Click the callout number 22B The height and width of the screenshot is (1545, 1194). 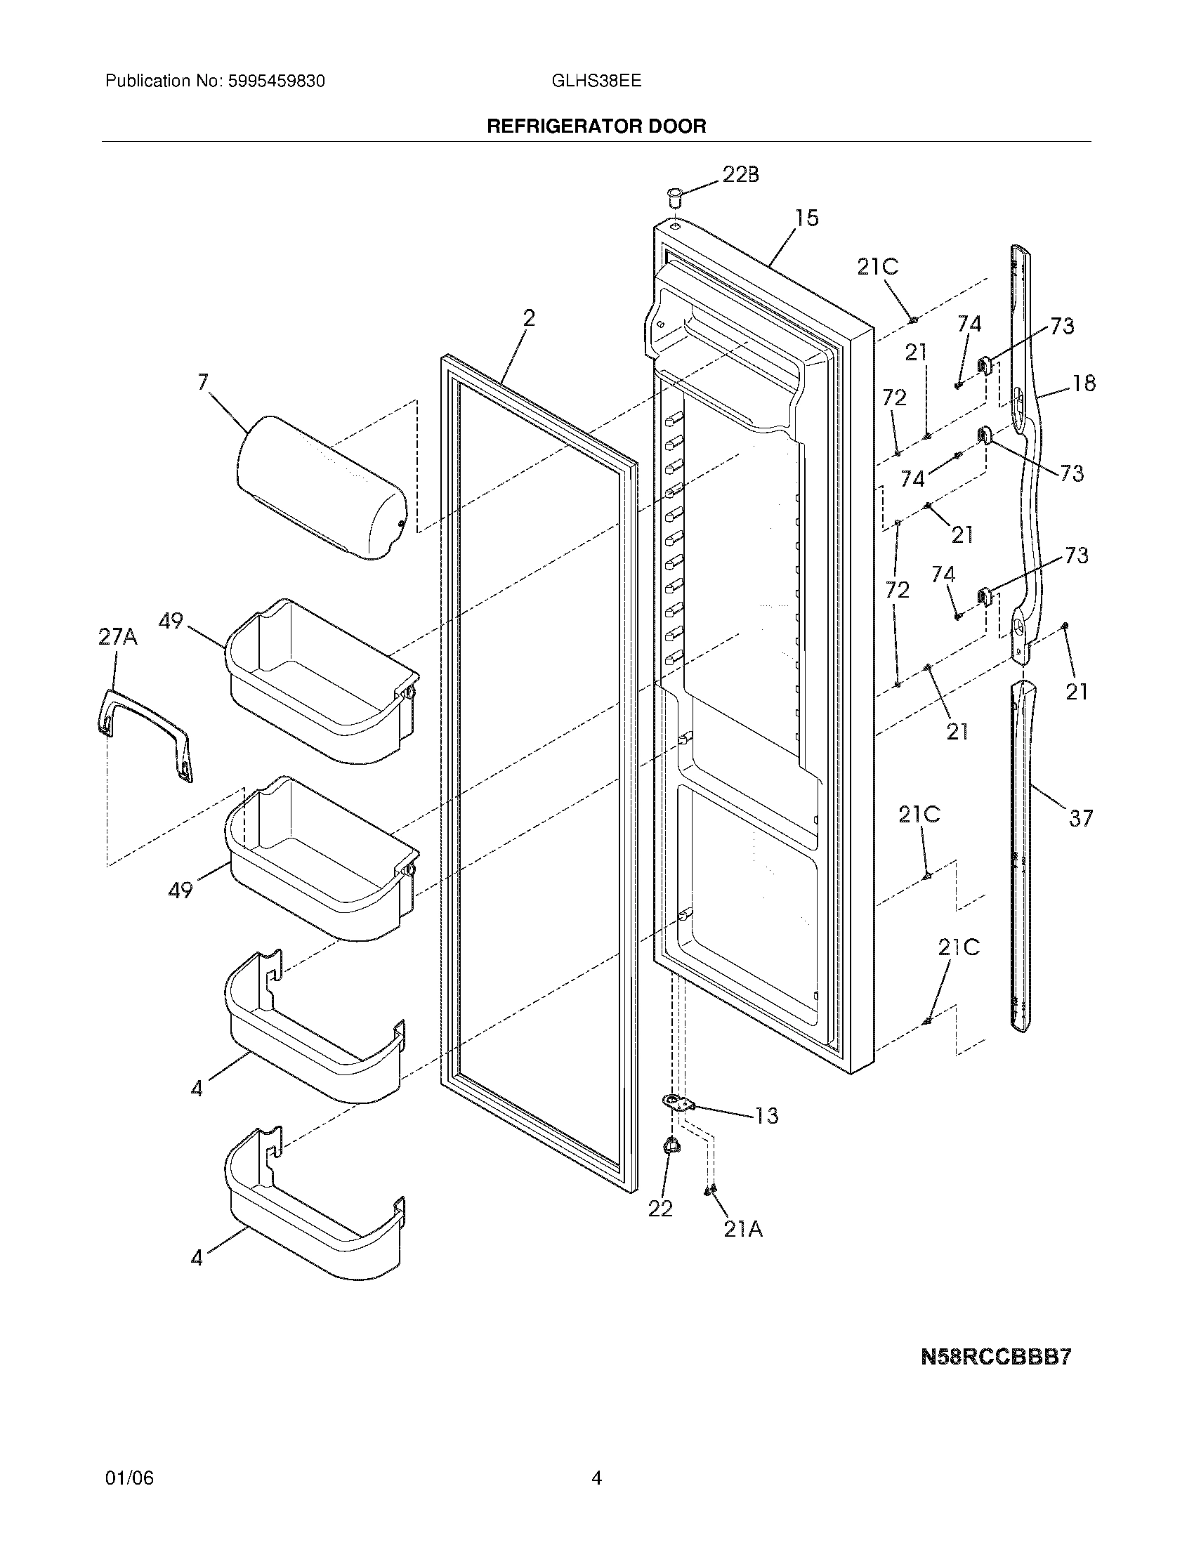pyautogui.click(x=740, y=175)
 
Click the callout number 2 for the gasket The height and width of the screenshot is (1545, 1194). pyautogui.click(x=528, y=318)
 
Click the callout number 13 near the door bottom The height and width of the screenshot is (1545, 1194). pyautogui.click(x=766, y=1116)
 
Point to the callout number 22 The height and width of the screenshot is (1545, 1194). pyautogui.click(x=660, y=1209)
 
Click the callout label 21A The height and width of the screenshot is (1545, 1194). pyautogui.click(x=742, y=1230)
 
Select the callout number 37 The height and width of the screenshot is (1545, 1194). pyautogui.click(x=1080, y=818)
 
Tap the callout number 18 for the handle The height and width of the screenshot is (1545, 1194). pyautogui.click(x=1084, y=383)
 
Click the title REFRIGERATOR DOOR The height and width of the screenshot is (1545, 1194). pyautogui.click(x=596, y=126)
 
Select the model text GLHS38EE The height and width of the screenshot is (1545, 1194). pyautogui.click(x=596, y=81)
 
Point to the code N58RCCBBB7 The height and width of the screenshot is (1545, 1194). pyautogui.click(x=996, y=1357)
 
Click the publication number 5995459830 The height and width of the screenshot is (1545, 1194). pyautogui.click(x=276, y=81)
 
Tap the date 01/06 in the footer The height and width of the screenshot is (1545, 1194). pyautogui.click(x=129, y=1498)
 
